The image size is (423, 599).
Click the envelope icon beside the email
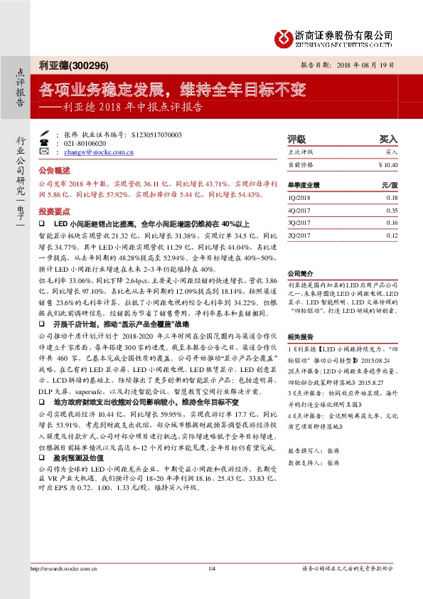click(45, 152)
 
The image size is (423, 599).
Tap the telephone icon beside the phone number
click(45, 143)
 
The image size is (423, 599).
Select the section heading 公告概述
click(54, 171)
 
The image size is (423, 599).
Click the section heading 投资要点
click(54, 211)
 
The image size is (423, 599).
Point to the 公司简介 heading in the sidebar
click(300, 273)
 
